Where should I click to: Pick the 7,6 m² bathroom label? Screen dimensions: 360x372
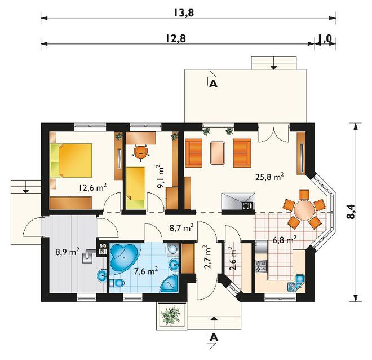[x=145, y=270]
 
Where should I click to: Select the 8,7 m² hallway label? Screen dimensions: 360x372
[x=181, y=228]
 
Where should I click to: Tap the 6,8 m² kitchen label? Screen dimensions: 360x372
[x=285, y=240]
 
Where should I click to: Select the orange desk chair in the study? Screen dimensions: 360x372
[x=140, y=152]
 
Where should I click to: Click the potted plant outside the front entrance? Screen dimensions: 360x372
[x=170, y=314]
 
